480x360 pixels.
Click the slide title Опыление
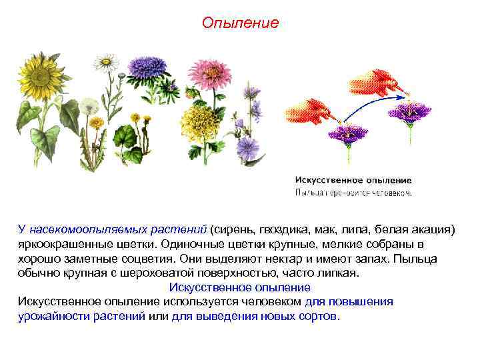240,23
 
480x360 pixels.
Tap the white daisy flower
105,63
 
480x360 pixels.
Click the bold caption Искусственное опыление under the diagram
353,180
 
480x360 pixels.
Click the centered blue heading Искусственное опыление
240,287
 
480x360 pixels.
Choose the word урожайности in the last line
51,316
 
